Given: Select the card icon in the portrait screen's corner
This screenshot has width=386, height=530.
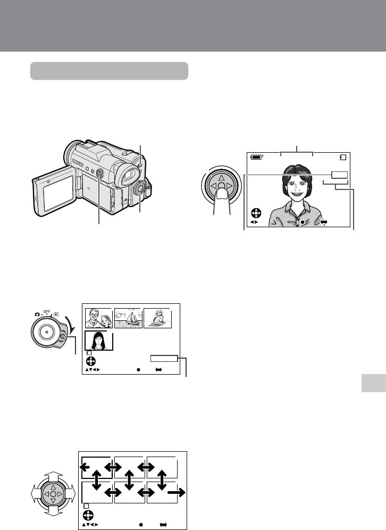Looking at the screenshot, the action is (343, 157).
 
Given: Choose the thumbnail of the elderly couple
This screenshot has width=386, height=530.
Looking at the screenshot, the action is (98, 318).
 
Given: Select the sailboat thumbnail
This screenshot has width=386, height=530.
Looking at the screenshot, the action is (128, 318).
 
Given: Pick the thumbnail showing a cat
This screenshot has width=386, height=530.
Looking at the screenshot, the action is (158, 318).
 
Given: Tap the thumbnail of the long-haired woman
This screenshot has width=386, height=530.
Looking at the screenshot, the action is (98, 341).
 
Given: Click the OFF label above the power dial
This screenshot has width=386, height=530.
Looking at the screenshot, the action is (47, 312).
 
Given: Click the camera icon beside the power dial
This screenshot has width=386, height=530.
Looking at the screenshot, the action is (37, 314).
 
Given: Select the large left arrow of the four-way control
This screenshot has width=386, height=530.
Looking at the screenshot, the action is (36, 493).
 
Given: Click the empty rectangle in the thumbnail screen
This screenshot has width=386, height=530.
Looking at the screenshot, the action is (164, 359).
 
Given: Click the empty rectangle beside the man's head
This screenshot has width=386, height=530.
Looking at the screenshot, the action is (339, 175).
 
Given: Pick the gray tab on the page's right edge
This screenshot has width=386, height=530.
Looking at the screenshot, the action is (373, 383).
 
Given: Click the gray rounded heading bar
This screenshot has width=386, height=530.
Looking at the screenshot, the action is (109, 71).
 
